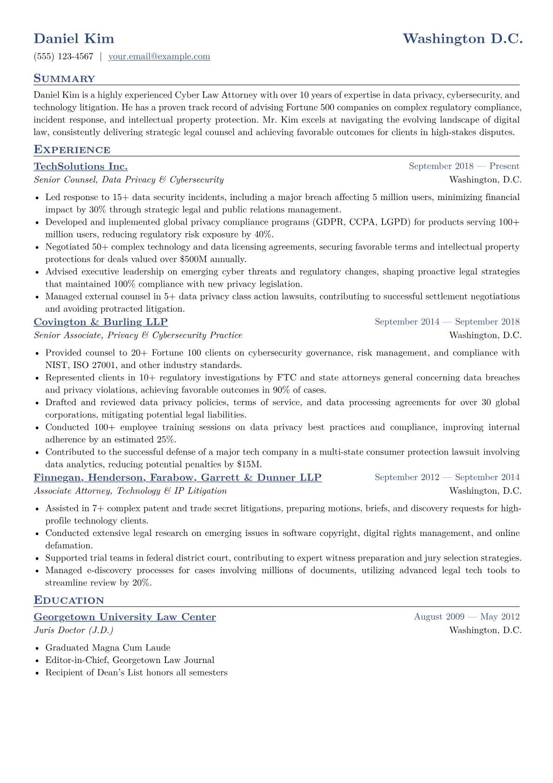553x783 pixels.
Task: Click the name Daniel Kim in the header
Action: tap(74, 39)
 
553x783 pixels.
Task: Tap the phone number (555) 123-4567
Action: tap(64, 57)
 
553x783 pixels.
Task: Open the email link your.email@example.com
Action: tap(159, 57)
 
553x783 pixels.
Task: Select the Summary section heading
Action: tap(64, 79)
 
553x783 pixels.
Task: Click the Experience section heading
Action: tap(72, 150)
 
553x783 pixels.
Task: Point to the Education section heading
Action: tap(69, 600)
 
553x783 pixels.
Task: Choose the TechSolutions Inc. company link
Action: tap(81, 167)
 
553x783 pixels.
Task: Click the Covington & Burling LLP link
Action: tap(101, 322)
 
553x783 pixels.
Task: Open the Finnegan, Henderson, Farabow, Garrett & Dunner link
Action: tap(178, 477)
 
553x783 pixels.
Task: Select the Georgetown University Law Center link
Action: tap(125, 617)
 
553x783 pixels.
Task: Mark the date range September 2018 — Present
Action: tap(464, 167)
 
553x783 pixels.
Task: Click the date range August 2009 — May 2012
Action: tap(467, 617)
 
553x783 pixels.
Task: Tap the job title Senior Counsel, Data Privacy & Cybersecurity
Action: tap(129, 180)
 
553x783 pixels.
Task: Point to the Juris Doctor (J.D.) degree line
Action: tap(73, 630)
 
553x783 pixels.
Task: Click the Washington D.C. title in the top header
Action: tap(462, 39)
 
